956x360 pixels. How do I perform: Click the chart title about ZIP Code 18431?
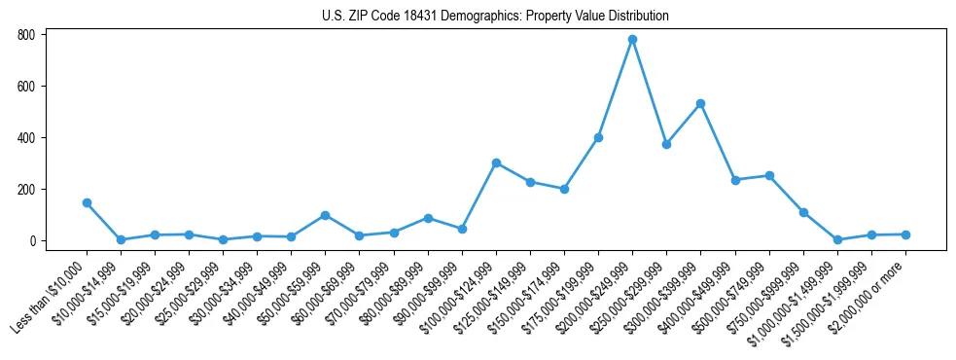[x=495, y=17]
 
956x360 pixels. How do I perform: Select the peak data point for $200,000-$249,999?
[x=632, y=40]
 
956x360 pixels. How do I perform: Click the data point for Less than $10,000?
[x=87, y=202]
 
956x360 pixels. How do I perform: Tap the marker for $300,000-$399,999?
[x=700, y=103]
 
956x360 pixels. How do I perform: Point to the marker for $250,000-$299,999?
[x=666, y=144]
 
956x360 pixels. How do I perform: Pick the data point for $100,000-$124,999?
[x=496, y=162]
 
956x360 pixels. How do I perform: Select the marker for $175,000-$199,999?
[x=598, y=137]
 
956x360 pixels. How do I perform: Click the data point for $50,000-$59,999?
[x=325, y=215]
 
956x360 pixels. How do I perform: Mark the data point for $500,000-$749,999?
[x=769, y=175]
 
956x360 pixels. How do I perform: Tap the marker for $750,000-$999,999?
[x=803, y=212]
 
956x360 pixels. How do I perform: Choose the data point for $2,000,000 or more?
[x=905, y=234]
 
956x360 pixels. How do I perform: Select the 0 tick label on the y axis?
[x=32, y=241]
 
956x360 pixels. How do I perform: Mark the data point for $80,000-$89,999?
[x=428, y=218]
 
